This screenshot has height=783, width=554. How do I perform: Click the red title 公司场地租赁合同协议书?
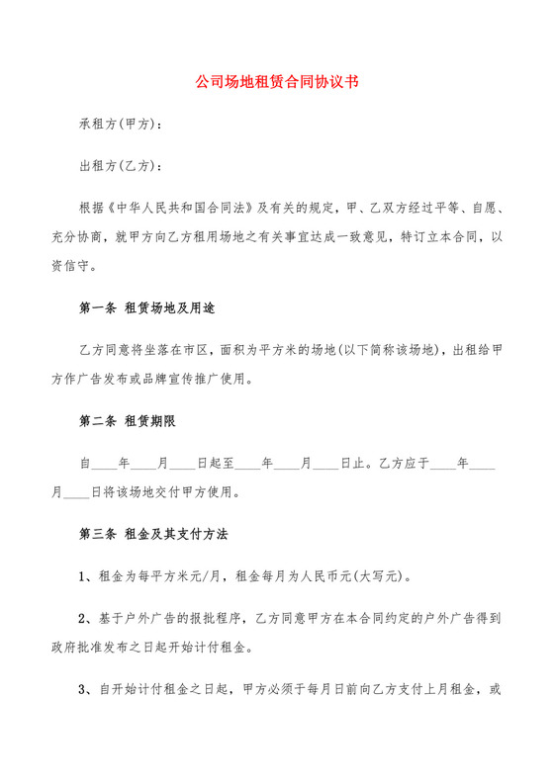[277, 84]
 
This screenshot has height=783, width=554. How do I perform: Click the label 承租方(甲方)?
[119, 126]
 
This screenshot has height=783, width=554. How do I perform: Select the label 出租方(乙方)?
[119, 167]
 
